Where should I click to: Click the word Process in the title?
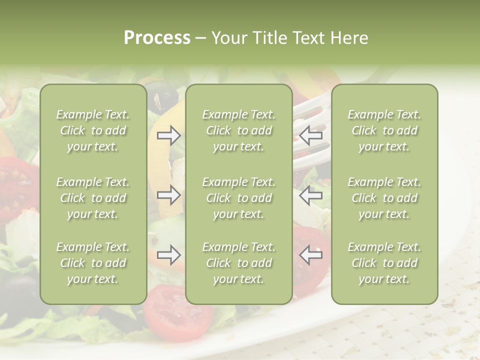point(157,38)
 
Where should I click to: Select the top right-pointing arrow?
point(168,135)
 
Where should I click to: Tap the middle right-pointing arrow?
point(168,194)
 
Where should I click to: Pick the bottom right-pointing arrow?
point(168,255)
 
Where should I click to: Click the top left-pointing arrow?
point(310,135)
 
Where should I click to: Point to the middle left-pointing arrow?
point(310,194)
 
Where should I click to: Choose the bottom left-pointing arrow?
point(310,255)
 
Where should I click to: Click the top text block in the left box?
point(93,130)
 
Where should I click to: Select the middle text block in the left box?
point(93,198)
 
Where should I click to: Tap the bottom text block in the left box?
point(93,263)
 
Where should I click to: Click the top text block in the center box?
point(238,130)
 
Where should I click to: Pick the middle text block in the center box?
point(238,198)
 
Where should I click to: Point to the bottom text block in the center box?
point(238,263)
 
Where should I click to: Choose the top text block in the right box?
point(384,130)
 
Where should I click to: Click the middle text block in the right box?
point(384,198)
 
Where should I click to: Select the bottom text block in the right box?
point(384,263)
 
